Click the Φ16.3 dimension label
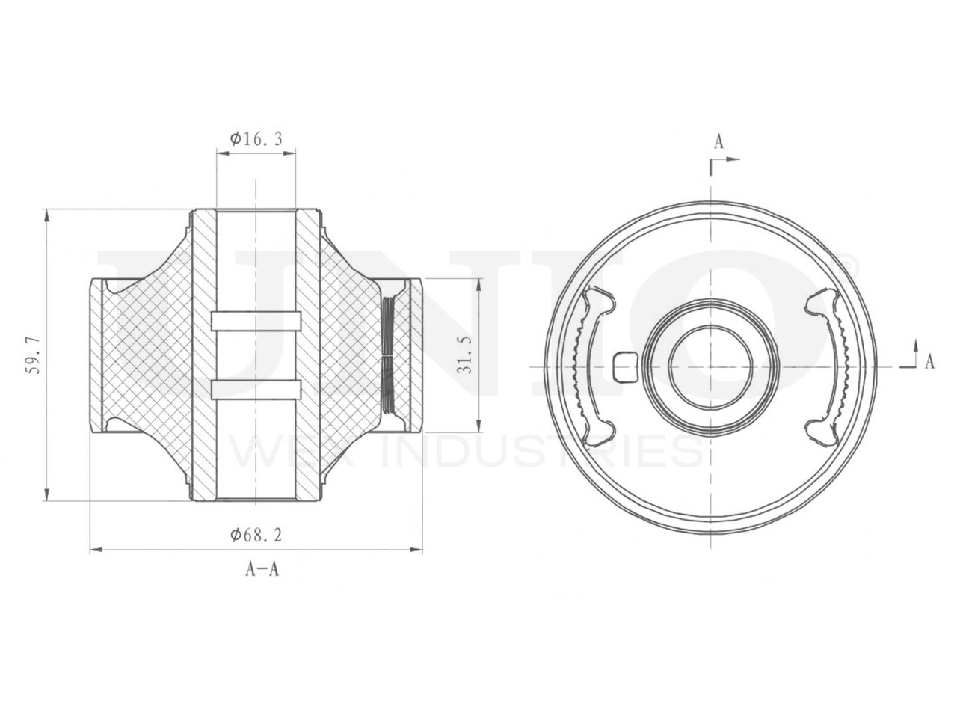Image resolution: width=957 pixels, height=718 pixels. pos(256,138)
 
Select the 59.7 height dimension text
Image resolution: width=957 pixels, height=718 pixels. pos(34,355)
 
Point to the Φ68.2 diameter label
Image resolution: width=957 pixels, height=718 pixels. pos(256,535)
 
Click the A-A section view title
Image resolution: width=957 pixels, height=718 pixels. pos(262,569)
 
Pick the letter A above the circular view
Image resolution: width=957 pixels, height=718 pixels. pos(718,141)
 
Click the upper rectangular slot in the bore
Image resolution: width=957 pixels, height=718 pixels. pos(256,322)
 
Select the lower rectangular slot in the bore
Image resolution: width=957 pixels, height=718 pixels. pos(256,390)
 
